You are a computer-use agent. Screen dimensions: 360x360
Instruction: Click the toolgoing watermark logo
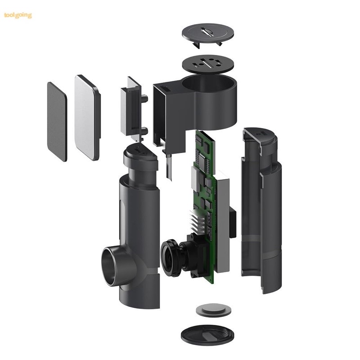pos(18,15)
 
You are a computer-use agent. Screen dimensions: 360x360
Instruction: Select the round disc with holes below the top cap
pos(208,63)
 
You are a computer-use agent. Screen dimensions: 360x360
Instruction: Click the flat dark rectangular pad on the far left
pos(57,121)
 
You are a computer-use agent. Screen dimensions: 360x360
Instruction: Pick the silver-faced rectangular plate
pos(87,117)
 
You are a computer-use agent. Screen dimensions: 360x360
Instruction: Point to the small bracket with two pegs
pos(134,108)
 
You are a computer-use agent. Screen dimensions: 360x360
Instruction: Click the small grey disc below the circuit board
pos(213,310)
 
